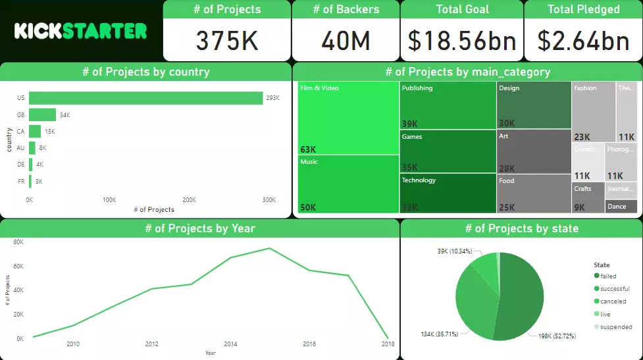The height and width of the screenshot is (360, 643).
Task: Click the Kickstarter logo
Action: click(80, 31)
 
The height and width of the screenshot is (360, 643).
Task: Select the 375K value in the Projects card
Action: click(227, 41)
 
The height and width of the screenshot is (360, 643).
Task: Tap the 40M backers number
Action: click(346, 41)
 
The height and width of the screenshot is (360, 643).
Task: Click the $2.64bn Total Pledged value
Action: click(583, 41)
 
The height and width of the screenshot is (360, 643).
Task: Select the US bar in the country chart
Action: click(145, 98)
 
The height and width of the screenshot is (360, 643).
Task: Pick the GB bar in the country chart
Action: click(42, 115)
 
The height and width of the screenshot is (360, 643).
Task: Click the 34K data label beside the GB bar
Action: click(64, 115)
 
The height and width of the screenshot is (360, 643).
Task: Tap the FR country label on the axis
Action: click(20, 181)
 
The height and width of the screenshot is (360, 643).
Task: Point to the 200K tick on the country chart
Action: click(189, 199)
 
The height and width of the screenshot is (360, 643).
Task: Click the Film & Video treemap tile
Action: click(348, 118)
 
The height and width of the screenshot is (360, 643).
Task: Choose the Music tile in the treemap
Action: click(348, 184)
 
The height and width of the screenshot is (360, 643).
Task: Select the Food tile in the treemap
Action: click(534, 193)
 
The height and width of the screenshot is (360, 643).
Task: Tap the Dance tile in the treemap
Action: click(621, 207)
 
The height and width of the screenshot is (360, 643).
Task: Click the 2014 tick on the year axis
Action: click(230, 344)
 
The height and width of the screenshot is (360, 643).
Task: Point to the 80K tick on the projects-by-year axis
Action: click(18, 242)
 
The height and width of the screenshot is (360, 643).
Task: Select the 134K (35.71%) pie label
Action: click(443, 334)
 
